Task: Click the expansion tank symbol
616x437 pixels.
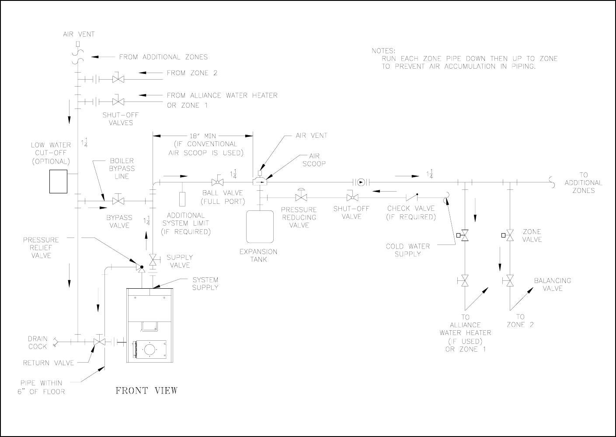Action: [x=260, y=226]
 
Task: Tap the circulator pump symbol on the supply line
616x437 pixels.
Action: [x=361, y=182]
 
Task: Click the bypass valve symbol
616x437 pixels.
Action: [x=118, y=201]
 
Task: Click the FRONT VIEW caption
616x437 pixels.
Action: [x=146, y=391]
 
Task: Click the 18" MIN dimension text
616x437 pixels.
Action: [x=203, y=136]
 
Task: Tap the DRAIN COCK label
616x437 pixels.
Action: [x=38, y=343]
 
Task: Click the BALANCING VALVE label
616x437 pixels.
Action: [x=553, y=284]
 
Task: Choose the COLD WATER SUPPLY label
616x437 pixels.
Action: [x=407, y=250]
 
